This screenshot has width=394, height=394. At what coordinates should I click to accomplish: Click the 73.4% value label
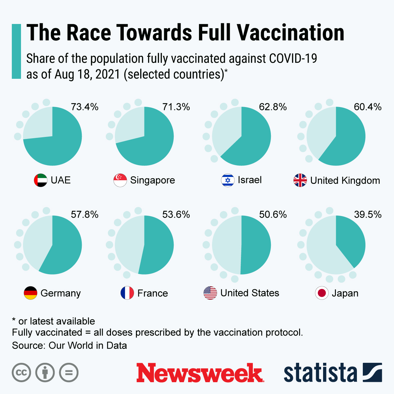(x=85, y=107)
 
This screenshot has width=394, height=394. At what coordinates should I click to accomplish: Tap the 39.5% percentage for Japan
(x=368, y=215)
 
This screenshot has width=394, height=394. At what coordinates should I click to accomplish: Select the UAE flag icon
(x=41, y=180)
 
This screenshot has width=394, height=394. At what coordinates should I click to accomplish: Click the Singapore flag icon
(x=120, y=180)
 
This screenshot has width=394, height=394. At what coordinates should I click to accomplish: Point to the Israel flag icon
(x=228, y=180)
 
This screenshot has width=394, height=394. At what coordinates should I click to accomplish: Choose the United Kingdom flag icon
(x=300, y=180)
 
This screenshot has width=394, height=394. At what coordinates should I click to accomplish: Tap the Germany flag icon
(x=31, y=293)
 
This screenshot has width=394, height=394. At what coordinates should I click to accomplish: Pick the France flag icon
(x=127, y=293)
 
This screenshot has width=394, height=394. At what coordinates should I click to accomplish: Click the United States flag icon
(x=210, y=293)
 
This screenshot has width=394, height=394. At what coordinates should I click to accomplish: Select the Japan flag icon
(x=322, y=293)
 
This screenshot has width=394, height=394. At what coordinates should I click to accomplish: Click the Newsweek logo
(x=200, y=373)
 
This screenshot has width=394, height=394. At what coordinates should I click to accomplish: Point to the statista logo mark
(x=372, y=373)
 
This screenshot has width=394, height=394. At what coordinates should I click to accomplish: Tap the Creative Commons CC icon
(x=22, y=373)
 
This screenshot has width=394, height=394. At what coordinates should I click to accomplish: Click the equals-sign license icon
(x=69, y=373)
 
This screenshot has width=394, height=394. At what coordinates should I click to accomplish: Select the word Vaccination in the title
(x=290, y=33)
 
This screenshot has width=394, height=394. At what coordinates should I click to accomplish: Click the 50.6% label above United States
(x=273, y=215)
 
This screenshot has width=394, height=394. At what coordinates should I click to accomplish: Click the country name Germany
(x=61, y=293)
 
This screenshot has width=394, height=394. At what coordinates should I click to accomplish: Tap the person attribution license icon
(x=45, y=373)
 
